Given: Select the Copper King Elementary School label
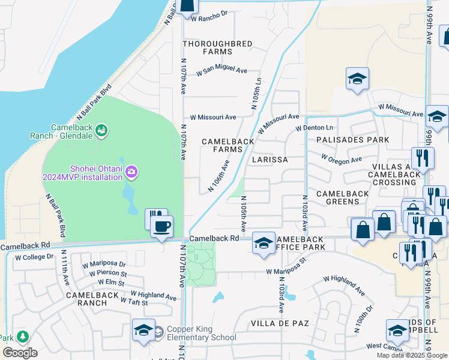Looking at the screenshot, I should tap(201, 333).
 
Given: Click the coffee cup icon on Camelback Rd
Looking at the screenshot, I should tap(162, 227).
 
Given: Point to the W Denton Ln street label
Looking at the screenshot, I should tap(314, 128).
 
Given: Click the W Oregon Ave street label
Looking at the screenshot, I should tap(341, 160).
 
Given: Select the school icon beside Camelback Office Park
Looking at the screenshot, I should tap(264, 244).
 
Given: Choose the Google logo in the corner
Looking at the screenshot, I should tap(20, 353).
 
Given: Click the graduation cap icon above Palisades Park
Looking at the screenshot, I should tap(357, 79).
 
